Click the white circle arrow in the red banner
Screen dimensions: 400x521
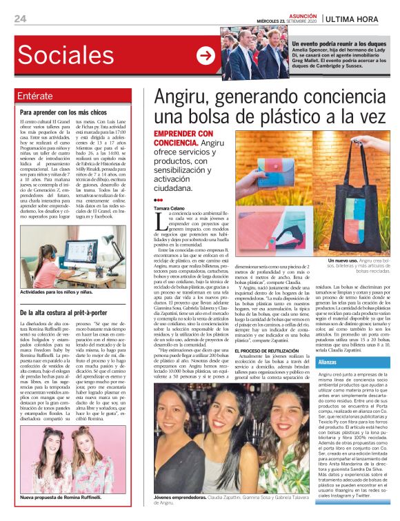[x=206, y=56]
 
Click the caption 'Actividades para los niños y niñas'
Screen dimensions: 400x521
[x=66, y=293]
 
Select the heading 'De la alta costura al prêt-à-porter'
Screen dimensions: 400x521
[x=70, y=312]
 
